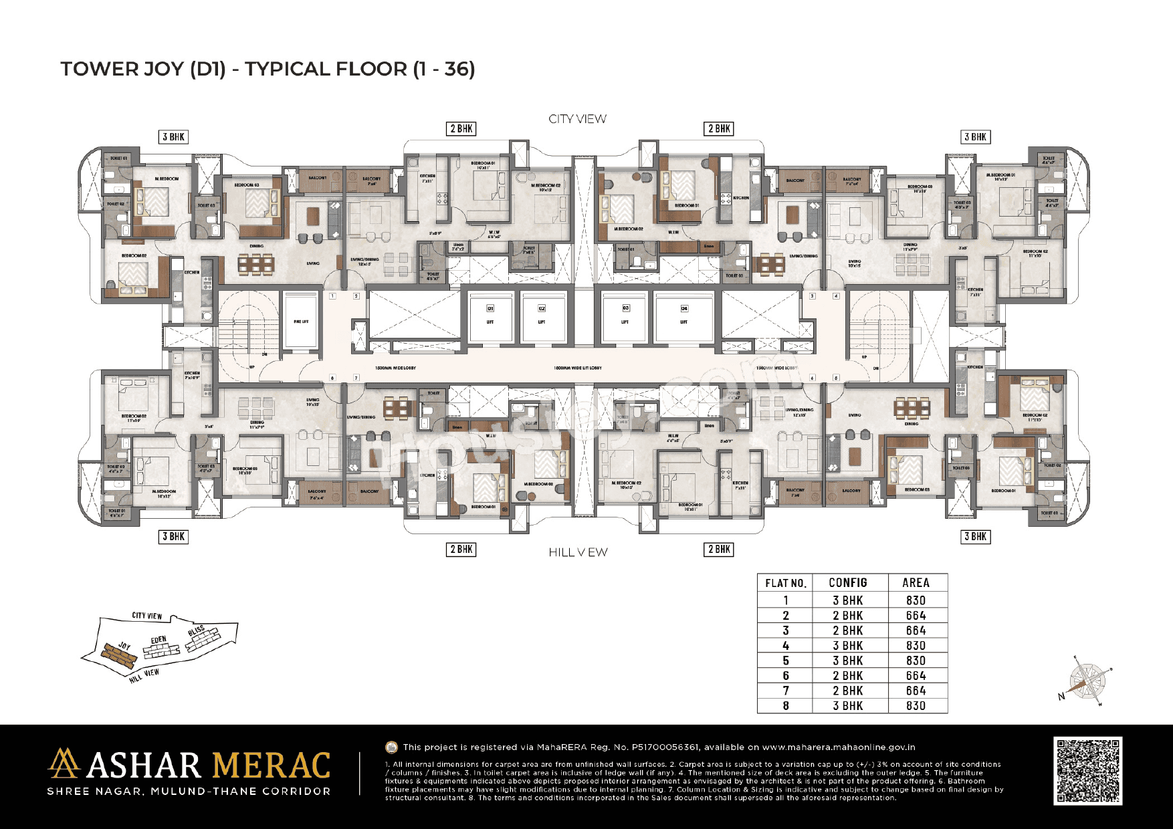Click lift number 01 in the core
pyautogui.click(x=490, y=315)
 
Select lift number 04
pyautogui.click(x=684, y=315)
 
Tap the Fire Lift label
pyautogui.click(x=301, y=322)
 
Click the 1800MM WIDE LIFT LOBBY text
pyautogui.click(x=578, y=368)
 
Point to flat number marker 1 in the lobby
pyautogui.click(x=332, y=295)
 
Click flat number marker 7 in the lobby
pyautogui.click(x=356, y=378)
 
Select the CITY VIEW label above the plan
pyautogui.click(x=577, y=119)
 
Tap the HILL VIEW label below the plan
pyautogui.click(x=578, y=552)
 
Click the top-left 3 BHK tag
pyautogui.click(x=174, y=137)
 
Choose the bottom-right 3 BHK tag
pyautogui.click(x=975, y=536)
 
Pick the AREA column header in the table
pyautogui.click(x=916, y=583)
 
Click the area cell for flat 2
pyautogui.click(x=916, y=616)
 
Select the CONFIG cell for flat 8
pyautogui.click(x=847, y=706)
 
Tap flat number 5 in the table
pyautogui.click(x=785, y=661)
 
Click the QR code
pyautogui.click(x=1087, y=771)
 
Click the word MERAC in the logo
pyautogui.click(x=270, y=766)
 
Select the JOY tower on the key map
pyautogui.click(x=120, y=654)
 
